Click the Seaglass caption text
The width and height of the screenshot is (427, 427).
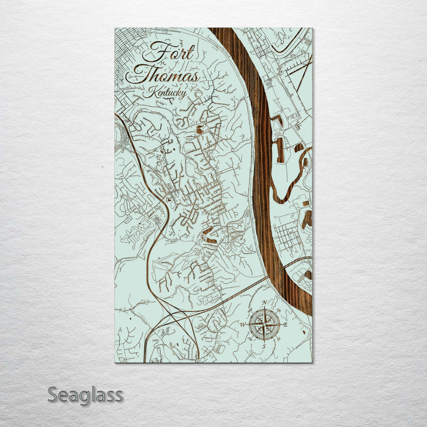tap(85, 396)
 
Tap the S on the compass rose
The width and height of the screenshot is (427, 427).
tap(264, 346)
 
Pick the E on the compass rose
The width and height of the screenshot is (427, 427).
tap(286, 325)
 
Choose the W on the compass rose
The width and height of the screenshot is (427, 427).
tap(242, 324)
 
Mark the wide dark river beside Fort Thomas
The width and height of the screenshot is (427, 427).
tap(262, 160)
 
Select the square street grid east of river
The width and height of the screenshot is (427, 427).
tap(288, 235)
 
